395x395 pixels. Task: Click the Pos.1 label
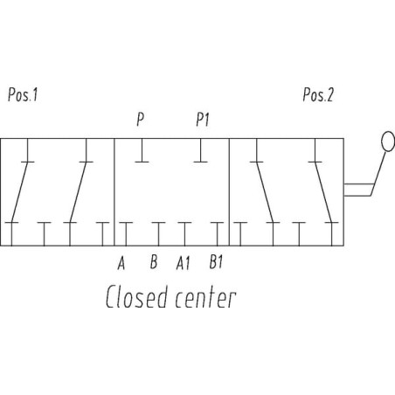23,94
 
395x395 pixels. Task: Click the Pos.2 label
318,94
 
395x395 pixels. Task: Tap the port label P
141,119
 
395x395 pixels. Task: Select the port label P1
203,119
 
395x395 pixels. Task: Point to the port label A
121,262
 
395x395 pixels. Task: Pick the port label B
154,261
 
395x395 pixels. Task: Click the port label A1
184,263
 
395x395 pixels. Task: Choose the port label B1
216,261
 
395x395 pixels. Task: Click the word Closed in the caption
137,296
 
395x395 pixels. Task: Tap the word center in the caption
205,298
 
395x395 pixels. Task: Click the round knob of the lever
388,142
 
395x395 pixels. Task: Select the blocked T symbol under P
142,150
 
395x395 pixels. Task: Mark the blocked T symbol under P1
201,150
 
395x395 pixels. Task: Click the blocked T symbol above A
126,234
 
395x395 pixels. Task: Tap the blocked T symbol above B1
218,234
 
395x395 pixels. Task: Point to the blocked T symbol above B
159,234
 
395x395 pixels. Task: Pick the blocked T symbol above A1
184,234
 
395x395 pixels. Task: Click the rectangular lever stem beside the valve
358,190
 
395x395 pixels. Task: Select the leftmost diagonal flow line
19,192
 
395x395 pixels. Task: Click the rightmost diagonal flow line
323,192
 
